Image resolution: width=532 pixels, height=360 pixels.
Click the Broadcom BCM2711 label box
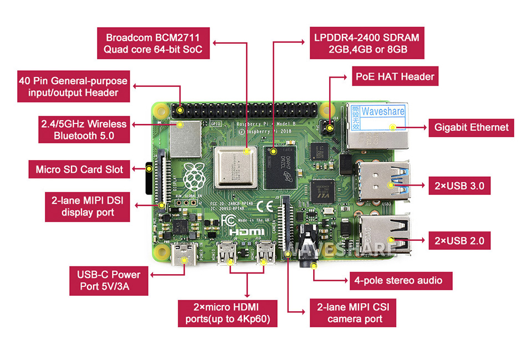153,44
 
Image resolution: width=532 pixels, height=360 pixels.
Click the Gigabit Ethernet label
471,127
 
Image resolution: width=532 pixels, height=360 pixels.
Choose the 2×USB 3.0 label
460,186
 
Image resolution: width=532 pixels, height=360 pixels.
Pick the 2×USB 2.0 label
460,240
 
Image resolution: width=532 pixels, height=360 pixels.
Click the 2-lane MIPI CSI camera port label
354,313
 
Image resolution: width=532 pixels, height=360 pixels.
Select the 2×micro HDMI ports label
227,313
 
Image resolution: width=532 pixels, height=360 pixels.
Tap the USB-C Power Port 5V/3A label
105,281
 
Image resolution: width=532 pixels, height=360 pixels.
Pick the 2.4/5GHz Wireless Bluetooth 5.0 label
83,130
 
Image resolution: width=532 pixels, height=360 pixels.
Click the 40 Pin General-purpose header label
74,86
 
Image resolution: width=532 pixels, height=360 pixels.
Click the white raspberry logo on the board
193,176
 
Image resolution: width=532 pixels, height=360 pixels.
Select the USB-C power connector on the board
183,255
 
